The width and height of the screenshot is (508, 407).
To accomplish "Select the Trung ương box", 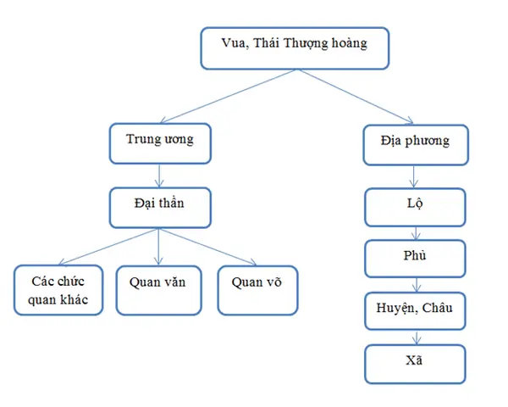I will [160, 142].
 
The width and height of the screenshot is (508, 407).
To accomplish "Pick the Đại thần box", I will [160, 207].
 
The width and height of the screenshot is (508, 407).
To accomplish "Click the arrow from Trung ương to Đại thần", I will [160, 174].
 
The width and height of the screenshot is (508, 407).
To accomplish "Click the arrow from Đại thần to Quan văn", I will [160, 247].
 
